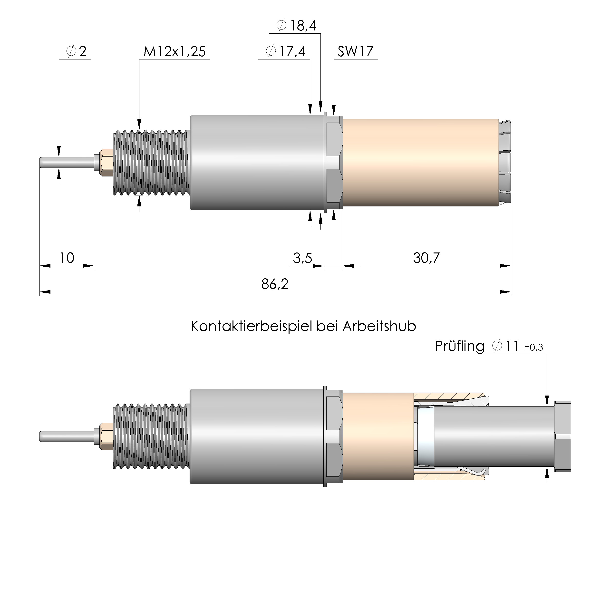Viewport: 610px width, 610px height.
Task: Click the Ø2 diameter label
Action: point(77,51)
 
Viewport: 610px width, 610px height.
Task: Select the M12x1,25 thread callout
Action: point(174,51)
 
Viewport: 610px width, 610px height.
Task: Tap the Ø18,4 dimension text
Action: point(296,26)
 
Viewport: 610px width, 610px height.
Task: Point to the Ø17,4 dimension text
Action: point(285,51)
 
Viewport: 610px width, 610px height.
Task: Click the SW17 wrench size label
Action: point(355,51)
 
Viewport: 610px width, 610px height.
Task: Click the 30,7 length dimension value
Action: point(426,258)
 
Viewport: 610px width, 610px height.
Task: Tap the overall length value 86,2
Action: point(275,284)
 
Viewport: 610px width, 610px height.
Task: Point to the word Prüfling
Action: point(459,346)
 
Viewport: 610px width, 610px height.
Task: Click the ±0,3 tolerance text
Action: point(533,348)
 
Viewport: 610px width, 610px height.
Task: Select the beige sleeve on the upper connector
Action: point(420,162)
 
